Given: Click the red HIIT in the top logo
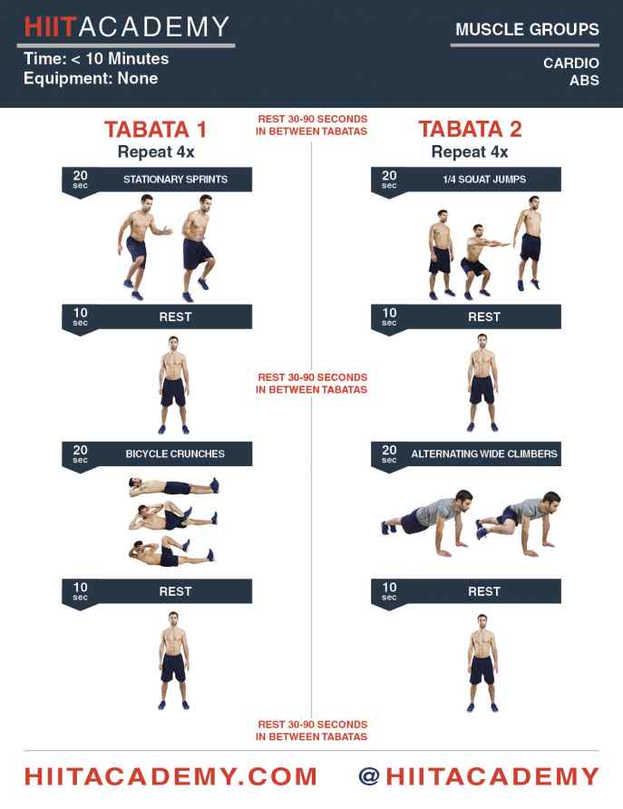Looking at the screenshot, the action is pyautogui.click(x=51, y=27).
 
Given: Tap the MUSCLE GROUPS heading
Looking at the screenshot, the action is pyautogui.click(x=527, y=29).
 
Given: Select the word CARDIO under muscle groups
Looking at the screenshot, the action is pyautogui.click(x=571, y=63).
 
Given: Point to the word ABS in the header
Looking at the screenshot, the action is pyautogui.click(x=584, y=81).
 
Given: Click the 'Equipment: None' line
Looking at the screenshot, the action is pyautogui.click(x=91, y=78).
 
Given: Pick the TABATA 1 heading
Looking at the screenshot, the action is pyautogui.click(x=156, y=130).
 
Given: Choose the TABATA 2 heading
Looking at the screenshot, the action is pyautogui.click(x=470, y=130).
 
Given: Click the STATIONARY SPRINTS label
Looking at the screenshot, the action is pyautogui.click(x=175, y=180).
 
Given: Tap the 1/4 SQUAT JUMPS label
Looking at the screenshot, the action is pyautogui.click(x=484, y=180).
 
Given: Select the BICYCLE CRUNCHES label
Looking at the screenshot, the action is pyautogui.click(x=175, y=454).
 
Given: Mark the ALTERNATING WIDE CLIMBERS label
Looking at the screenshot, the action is pyautogui.click(x=484, y=454).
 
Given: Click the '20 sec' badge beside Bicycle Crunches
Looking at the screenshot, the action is pyautogui.click(x=80, y=454).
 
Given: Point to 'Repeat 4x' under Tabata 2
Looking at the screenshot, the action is pyautogui.click(x=470, y=152).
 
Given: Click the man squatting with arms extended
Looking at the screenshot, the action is pyautogui.click(x=481, y=261).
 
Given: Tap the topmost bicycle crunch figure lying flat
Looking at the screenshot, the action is pyautogui.click(x=174, y=487).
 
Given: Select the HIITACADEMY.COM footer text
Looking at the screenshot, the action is pyautogui.click(x=170, y=776).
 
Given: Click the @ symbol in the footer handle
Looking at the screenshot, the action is pyautogui.click(x=370, y=776).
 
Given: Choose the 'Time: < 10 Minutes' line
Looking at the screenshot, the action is pyautogui.click(x=96, y=59).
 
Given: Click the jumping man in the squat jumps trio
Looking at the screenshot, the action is pyautogui.click(x=528, y=242).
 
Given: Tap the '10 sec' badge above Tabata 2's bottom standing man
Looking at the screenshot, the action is pyautogui.click(x=389, y=591).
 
